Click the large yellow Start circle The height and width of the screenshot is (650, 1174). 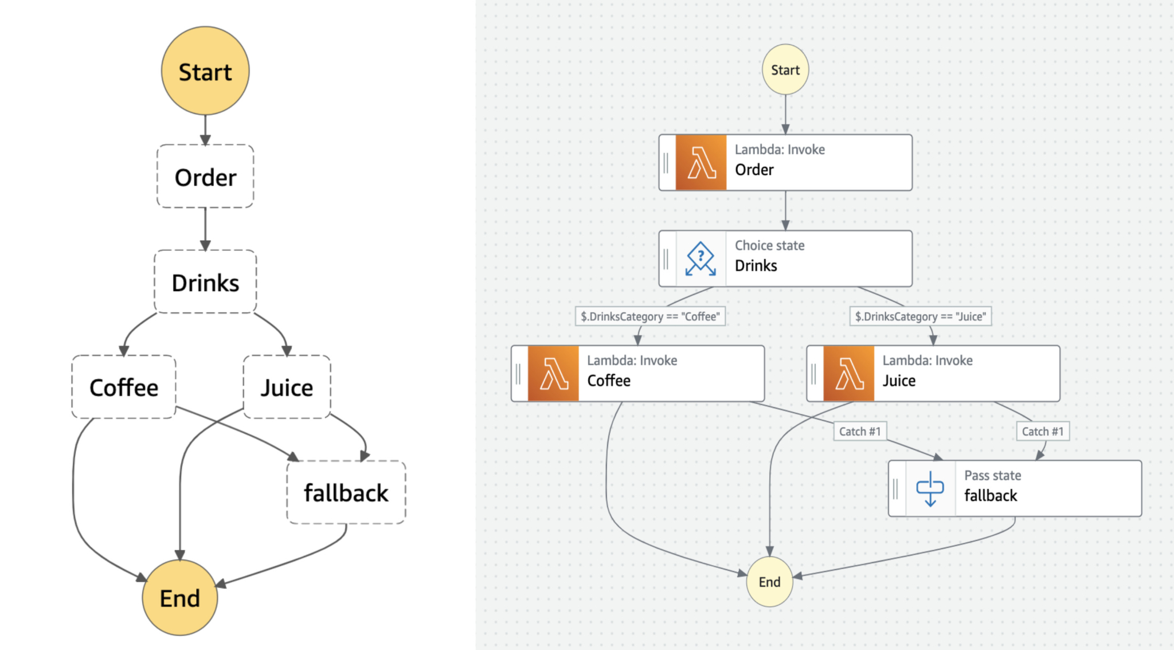(205, 71)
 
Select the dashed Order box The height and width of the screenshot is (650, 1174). (205, 177)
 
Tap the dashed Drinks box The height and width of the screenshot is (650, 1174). (205, 282)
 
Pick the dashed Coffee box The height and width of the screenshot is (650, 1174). (124, 387)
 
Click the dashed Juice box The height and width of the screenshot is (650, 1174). (287, 387)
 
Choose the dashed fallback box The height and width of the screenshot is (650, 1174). (346, 492)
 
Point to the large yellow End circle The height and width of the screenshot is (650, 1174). (180, 597)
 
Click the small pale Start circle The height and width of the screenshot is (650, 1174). (785, 70)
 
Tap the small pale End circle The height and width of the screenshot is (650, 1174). (769, 582)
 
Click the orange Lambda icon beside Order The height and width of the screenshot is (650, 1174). (701, 163)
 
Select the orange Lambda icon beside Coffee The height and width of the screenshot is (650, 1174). (553, 374)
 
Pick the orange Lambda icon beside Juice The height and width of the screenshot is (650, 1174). (848, 374)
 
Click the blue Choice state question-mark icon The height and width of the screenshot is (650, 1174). (701, 259)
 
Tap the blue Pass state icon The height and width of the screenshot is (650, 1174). (930, 488)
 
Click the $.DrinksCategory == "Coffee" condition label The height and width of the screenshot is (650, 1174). (650, 316)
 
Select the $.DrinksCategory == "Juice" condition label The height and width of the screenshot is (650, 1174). (920, 316)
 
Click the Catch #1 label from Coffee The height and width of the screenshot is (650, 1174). (859, 432)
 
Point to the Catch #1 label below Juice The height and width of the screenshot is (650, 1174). (1042, 432)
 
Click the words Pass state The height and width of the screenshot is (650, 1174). (992, 476)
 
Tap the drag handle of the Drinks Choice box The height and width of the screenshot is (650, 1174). (666, 259)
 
